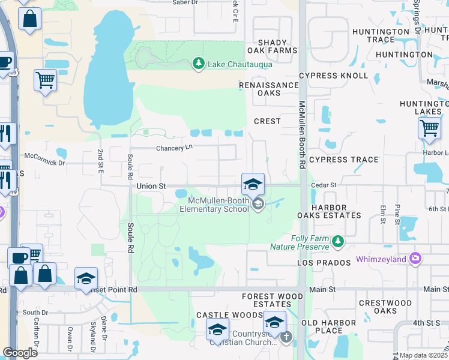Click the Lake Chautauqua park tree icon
coord(198,63)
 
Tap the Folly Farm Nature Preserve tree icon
coord(338,242)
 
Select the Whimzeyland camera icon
coord(415,259)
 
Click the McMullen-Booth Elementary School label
coord(218,205)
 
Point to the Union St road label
coord(151,186)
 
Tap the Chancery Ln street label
coord(174,148)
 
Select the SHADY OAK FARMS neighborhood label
coord(277,47)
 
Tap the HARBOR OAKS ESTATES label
coord(336,211)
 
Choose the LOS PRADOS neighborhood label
coord(324,263)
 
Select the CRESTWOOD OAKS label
coord(385,307)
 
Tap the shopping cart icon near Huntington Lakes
coord(429,128)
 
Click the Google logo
coord(20,352)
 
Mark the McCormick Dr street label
coord(44,163)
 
